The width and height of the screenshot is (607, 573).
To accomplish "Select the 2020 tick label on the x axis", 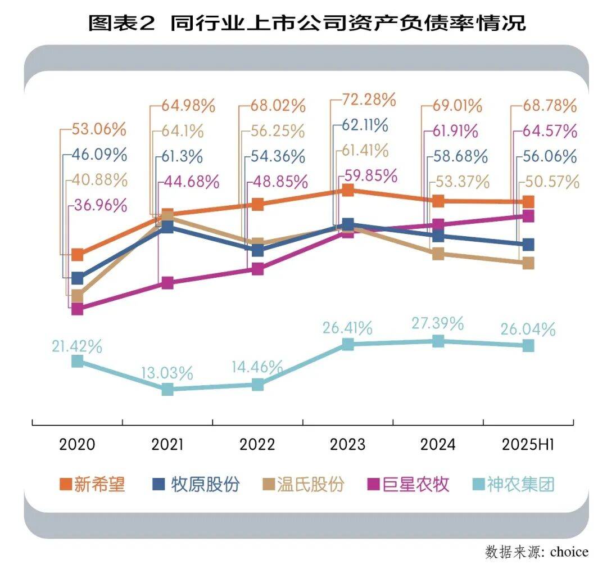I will coord(77,444).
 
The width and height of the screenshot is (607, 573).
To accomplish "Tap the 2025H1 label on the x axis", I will coord(527,444).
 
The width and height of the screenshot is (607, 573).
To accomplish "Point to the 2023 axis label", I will coord(347,444).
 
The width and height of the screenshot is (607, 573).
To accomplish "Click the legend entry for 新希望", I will coord(92,484).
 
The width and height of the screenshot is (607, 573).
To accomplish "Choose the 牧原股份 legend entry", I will coord(196,484).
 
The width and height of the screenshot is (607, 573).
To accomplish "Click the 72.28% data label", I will coord(369,101).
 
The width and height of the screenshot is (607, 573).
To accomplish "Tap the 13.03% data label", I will coord(167,372).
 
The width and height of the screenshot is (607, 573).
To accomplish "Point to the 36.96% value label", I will coord(100,206).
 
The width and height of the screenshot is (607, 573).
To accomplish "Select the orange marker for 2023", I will coord(348,190).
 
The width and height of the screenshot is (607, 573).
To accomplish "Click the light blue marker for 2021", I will coord(167,389).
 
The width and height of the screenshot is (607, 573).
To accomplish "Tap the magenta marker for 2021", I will coord(167,283).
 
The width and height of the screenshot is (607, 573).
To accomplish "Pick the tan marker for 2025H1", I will coord(528,263).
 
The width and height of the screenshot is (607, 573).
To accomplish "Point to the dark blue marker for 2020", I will coord(78,278).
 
